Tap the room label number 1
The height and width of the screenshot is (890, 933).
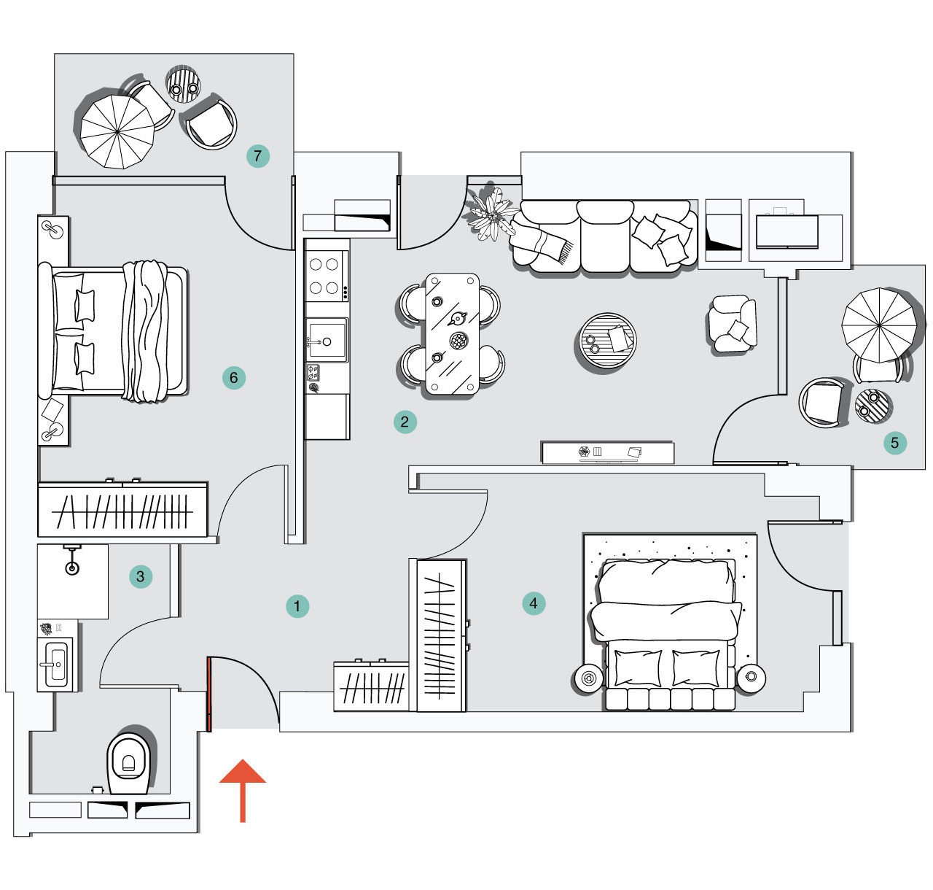(x=297, y=605)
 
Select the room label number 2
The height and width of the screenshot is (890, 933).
(x=405, y=421)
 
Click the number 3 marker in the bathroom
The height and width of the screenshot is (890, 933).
(x=141, y=576)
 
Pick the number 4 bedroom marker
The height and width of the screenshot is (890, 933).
(x=534, y=603)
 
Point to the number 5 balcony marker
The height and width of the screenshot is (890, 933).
(x=894, y=442)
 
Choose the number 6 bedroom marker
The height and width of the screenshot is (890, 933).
(x=234, y=377)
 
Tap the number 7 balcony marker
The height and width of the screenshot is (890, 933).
(x=257, y=155)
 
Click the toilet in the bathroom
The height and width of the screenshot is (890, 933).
(x=130, y=763)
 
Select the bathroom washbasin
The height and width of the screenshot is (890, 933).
(x=55, y=664)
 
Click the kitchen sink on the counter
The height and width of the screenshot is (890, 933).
(x=326, y=340)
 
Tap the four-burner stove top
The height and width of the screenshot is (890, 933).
(x=324, y=276)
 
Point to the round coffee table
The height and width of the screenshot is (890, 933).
(x=606, y=340)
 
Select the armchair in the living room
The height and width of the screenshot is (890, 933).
(x=733, y=325)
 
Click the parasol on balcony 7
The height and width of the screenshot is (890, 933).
(x=117, y=131)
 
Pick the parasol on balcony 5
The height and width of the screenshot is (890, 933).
(x=878, y=325)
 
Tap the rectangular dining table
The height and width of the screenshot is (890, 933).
(x=453, y=334)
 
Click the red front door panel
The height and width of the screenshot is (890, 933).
(x=208, y=693)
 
